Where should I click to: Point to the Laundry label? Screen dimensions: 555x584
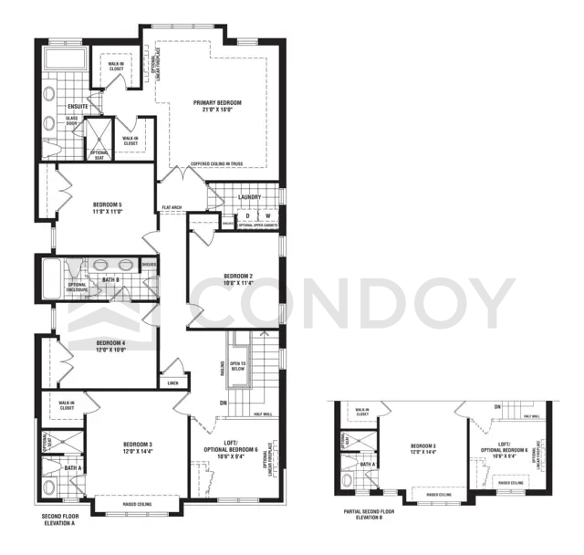pyautogui.click(x=249, y=197)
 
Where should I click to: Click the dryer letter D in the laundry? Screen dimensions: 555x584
pyautogui.click(x=246, y=215)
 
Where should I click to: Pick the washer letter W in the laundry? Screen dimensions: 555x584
pyautogui.click(x=267, y=215)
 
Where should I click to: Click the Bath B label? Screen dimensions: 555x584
pyautogui.click(x=110, y=280)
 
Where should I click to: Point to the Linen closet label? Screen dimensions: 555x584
pyautogui.click(x=172, y=384)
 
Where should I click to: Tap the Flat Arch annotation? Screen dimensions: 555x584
pyautogui.click(x=172, y=207)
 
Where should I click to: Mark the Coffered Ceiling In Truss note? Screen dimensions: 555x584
pyautogui.click(x=217, y=164)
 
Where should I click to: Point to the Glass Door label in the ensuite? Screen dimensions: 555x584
pyautogui.click(x=71, y=121)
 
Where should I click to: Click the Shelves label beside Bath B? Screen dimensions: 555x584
pyautogui.click(x=149, y=265)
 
